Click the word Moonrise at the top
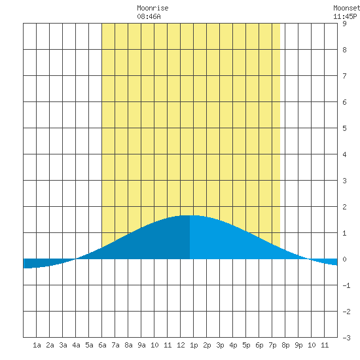pos(153,8)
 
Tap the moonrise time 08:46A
pos(149,16)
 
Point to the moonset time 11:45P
pos(345,16)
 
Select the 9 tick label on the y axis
pos(344,24)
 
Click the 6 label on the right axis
pos(344,102)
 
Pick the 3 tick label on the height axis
pos(344,181)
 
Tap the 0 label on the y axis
pos(344,259)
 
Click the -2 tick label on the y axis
pos(346,312)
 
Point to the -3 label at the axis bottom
pos(346,338)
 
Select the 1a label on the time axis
pos(37,345)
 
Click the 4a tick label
pos(76,345)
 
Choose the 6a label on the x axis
pos(102,345)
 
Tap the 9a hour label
pos(141,345)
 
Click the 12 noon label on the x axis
pos(181,345)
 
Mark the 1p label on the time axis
pos(194,345)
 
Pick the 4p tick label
pos(233,345)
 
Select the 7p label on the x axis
pos(272,345)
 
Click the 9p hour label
pos(298,345)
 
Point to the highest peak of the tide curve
pos(190,215)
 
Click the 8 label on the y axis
pos(344,50)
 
